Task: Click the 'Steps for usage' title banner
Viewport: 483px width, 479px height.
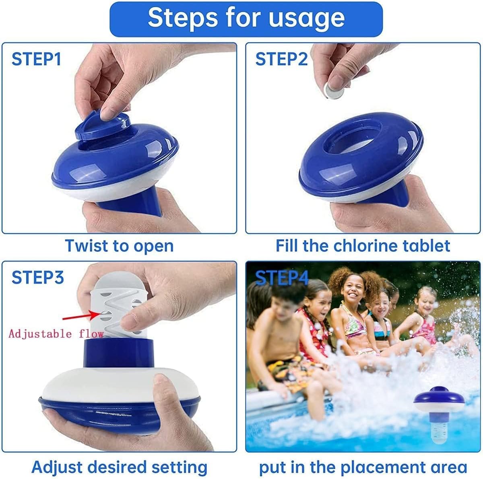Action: pyautogui.click(x=246, y=19)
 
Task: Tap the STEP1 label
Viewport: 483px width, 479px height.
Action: pyautogui.click(x=36, y=59)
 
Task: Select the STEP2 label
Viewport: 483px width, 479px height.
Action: pyautogui.click(x=281, y=59)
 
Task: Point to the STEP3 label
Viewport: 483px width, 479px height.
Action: pyautogui.click(x=37, y=278)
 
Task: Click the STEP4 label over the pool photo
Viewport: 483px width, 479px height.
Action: pyautogui.click(x=282, y=278)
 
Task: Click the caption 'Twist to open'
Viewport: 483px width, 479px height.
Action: pyautogui.click(x=119, y=246)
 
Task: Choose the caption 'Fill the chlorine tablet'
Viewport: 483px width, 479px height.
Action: pyautogui.click(x=363, y=246)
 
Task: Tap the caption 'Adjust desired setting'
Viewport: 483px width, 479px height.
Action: pyautogui.click(x=119, y=467)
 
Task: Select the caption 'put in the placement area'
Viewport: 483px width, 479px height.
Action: pyautogui.click(x=363, y=467)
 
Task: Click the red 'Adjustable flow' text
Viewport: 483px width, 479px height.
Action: pyautogui.click(x=56, y=334)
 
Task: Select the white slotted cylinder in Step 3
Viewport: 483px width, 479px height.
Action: pyautogui.click(x=117, y=310)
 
